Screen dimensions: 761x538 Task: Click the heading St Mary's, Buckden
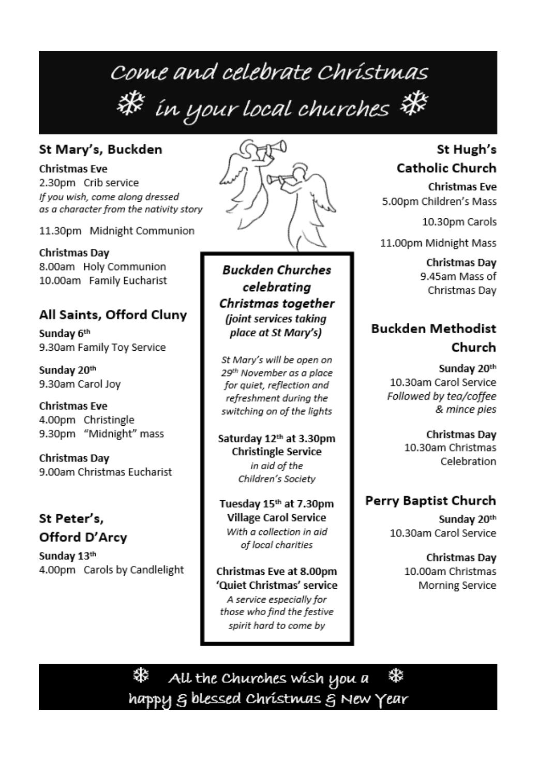tap(100, 150)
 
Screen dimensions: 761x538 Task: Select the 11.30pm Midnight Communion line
tap(116, 231)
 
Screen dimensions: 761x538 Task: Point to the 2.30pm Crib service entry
tap(88, 183)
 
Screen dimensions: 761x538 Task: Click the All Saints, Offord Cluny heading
tap(113, 315)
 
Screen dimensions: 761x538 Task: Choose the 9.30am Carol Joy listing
tap(80, 384)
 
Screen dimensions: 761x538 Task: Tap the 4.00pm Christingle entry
tap(86, 420)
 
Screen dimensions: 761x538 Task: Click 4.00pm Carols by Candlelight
tap(111, 570)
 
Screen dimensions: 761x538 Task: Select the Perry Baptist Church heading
tap(430, 501)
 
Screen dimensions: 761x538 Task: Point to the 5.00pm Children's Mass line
tap(439, 201)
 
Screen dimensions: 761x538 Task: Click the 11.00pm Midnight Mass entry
tap(438, 243)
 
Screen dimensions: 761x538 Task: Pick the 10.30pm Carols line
tap(459, 222)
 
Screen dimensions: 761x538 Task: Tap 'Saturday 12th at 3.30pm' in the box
tap(276, 439)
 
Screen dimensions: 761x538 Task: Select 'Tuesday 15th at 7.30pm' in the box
tap(276, 504)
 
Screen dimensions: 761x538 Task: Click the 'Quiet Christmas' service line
tap(276, 585)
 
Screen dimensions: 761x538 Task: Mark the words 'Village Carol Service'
tap(276, 517)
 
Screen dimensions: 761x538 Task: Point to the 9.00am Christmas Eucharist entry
tap(105, 472)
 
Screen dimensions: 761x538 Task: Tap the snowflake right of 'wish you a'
tap(396, 676)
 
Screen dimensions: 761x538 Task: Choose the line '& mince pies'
tap(466, 409)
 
